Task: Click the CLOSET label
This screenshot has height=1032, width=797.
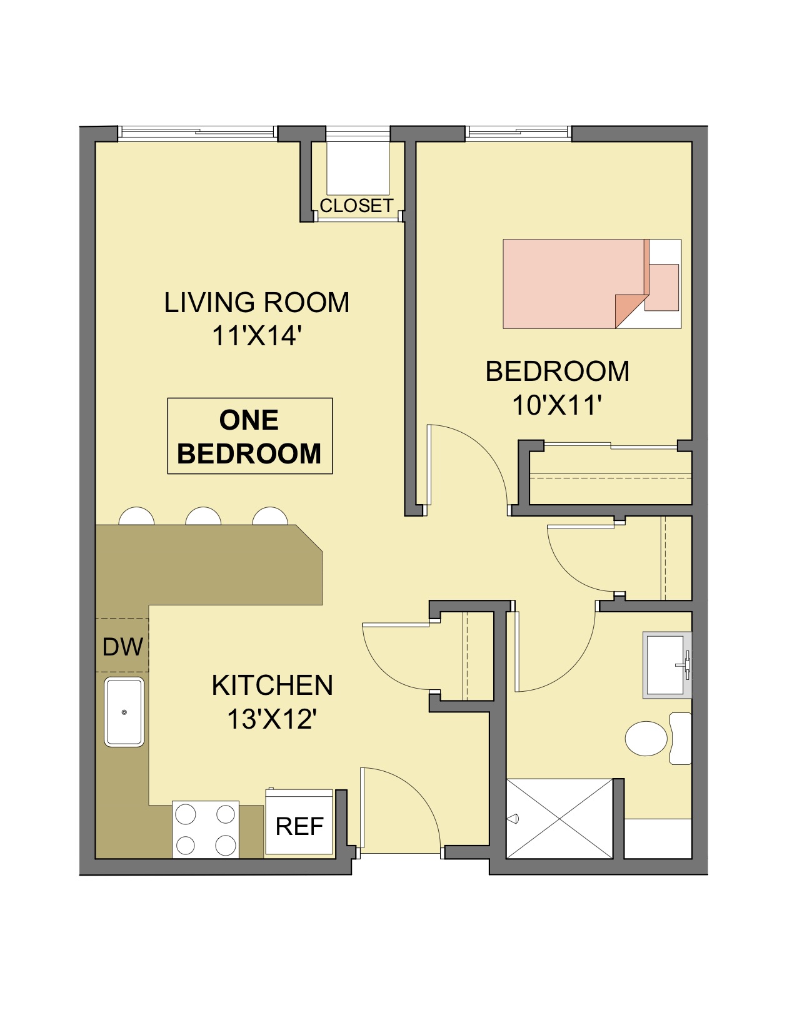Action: [356, 206]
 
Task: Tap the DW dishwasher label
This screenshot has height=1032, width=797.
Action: [123, 647]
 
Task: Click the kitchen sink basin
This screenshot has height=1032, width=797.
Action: [124, 712]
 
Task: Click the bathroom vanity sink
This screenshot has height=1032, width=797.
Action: [667, 665]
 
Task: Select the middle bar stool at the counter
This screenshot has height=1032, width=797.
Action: [203, 516]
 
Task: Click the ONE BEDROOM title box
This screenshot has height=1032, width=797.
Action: [249, 436]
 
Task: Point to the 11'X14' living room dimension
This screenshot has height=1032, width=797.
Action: [257, 336]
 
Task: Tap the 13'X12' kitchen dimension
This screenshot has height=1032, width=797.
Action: [272, 719]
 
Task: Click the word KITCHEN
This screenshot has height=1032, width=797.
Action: [272, 685]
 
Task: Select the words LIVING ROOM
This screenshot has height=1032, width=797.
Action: [257, 303]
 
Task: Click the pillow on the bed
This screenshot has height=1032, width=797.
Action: [661, 287]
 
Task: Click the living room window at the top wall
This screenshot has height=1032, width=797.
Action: [197, 133]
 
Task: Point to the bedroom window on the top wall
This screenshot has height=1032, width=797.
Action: [518, 133]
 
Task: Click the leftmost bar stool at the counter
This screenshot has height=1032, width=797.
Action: [136, 516]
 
